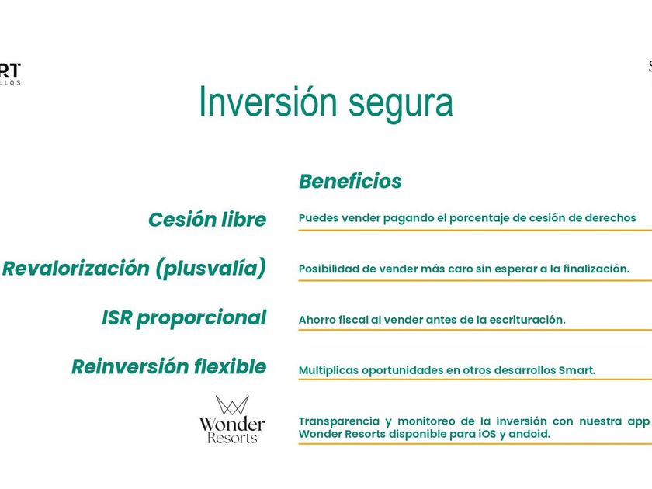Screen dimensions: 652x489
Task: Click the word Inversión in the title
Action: (x=268, y=101)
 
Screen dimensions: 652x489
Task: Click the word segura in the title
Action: (x=401, y=104)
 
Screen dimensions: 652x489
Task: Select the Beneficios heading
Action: (x=350, y=181)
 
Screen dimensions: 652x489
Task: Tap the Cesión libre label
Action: (x=207, y=219)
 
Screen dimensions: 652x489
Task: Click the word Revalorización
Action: (x=76, y=269)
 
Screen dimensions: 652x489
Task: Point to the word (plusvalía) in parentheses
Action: (x=211, y=269)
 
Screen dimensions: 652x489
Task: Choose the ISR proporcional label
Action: (x=184, y=318)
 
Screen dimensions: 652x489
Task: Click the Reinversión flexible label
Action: (x=169, y=366)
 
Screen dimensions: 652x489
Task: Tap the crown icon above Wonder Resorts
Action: (x=232, y=404)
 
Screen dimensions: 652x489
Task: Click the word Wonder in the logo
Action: (x=232, y=424)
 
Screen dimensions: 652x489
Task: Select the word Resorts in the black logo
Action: (x=232, y=438)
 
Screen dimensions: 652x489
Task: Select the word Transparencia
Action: (x=339, y=421)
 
